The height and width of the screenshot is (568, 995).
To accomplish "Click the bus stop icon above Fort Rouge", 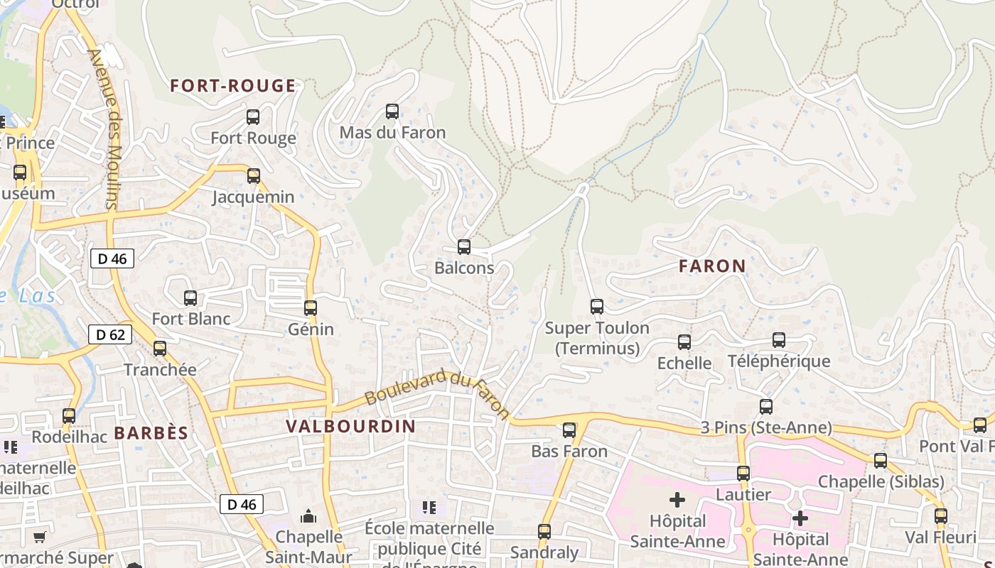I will click(253, 117).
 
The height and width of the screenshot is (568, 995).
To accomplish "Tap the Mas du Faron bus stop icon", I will click(392, 111).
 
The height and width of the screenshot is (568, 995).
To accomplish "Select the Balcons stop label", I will click(464, 268).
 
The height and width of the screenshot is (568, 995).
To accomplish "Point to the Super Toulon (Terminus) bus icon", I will click(597, 307).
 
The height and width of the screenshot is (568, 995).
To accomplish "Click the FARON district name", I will click(712, 266).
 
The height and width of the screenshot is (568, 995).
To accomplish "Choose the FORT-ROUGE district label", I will click(232, 86).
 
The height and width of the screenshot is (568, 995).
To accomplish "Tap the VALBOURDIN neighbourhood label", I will click(350, 426).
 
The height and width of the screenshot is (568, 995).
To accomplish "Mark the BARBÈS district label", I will click(151, 433).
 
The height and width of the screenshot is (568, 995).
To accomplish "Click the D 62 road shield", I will click(110, 334).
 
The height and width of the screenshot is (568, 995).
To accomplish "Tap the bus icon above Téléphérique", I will click(779, 340).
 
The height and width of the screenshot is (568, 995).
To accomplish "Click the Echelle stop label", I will click(684, 364).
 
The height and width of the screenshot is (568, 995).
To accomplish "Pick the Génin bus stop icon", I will click(311, 308).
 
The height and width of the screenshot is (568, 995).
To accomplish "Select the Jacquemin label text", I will click(253, 197).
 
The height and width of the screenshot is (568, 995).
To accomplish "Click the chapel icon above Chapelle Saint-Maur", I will click(308, 515).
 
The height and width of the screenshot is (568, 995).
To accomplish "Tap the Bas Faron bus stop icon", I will click(569, 430).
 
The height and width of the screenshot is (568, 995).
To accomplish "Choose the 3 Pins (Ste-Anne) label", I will click(765, 427).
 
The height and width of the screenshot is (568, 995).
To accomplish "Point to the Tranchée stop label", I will click(160, 370).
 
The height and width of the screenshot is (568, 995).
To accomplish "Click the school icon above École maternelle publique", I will click(429, 507).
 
